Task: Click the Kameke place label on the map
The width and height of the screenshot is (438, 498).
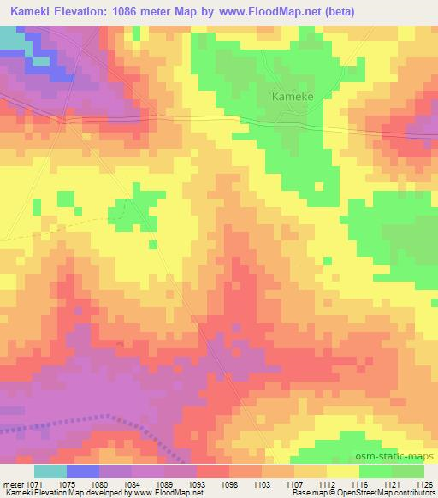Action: [293, 97]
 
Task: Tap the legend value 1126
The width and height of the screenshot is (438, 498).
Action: [425, 483]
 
